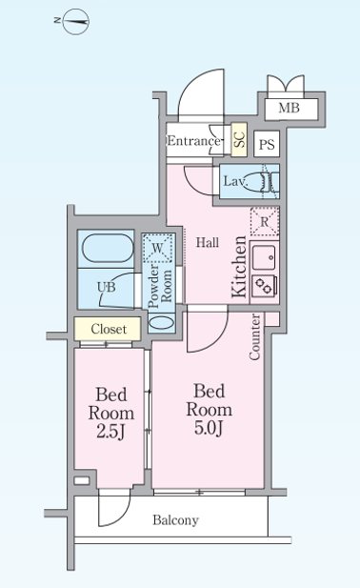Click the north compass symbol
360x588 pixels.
pyautogui.click(x=76, y=21)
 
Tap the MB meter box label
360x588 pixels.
pyautogui.click(x=289, y=108)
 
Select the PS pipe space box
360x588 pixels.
pyautogui.click(x=267, y=144)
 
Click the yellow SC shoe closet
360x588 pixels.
pyautogui.click(x=239, y=139)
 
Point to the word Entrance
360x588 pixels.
pyautogui.click(x=193, y=141)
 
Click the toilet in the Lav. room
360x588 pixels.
pyautogui.click(x=267, y=181)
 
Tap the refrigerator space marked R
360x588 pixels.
pyautogui.click(x=265, y=221)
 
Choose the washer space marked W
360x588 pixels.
pyautogui.click(x=158, y=248)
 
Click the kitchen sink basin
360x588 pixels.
pyautogui.click(x=265, y=257)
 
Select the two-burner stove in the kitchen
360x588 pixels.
pyautogui.click(x=265, y=286)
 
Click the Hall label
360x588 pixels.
pyautogui.click(x=208, y=243)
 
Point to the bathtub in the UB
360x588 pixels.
pyautogui.click(x=108, y=249)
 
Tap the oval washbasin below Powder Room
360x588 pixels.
pyautogui.click(x=162, y=323)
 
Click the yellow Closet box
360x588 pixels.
pyautogui.click(x=108, y=329)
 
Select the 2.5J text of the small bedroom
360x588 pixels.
pyautogui.click(x=110, y=432)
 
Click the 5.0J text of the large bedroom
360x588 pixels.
pyautogui.click(x=209, y=428)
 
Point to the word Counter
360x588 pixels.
pyautogui.click(x=254, y=337)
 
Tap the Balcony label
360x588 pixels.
pyautogui.click(x=175, y=520)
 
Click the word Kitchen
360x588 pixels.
pyautogui.click(x=239, y=267)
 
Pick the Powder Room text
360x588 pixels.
pyautogui.click(x=160, y=286)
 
